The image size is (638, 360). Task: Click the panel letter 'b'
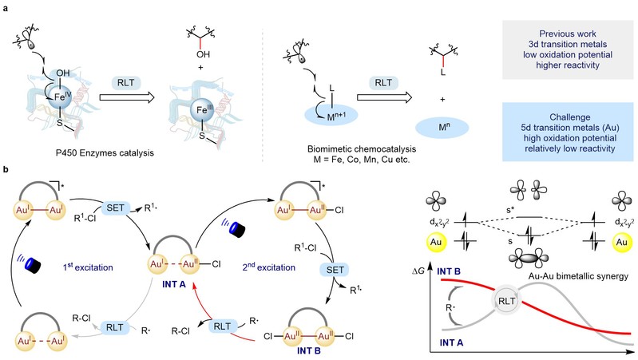[x=6, y=170]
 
